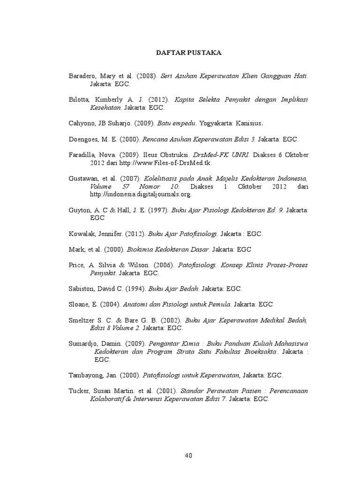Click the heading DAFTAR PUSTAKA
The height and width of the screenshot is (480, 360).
click(188, 53)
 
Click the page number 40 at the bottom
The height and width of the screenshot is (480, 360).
click(188, 455)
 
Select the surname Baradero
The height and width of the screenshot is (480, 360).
click(82, 76)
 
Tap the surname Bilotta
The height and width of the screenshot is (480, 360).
click(80, 100)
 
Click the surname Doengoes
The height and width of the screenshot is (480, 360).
click(84, 140)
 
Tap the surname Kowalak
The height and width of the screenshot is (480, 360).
click(82, 233)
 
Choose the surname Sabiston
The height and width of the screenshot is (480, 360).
click(82, 289)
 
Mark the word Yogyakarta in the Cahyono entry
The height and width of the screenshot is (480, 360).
click(216, 124)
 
